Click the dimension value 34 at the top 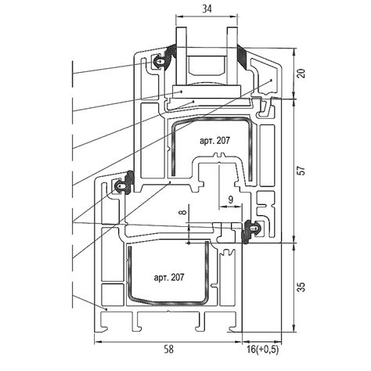point(207,9)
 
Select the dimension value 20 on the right point(301,74)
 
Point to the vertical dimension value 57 point(301,171)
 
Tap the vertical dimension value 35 point(301,287)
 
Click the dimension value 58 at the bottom point(169,349)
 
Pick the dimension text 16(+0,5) point(262,349)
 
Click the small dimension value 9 point(231,200)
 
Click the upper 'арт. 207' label point(214,141)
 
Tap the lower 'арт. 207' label point(169,277)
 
